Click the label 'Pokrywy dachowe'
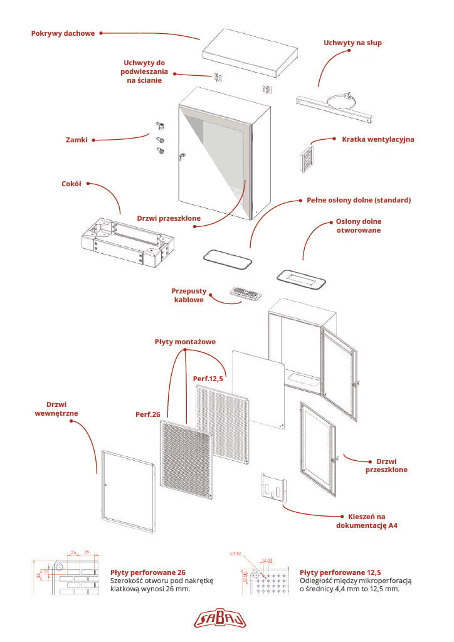(x=63, y=33)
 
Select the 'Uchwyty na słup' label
(x=352, y=43)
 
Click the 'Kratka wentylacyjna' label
(x=377, y=139)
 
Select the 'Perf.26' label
(x=148, y=414)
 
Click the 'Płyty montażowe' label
(x=185, y=342)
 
